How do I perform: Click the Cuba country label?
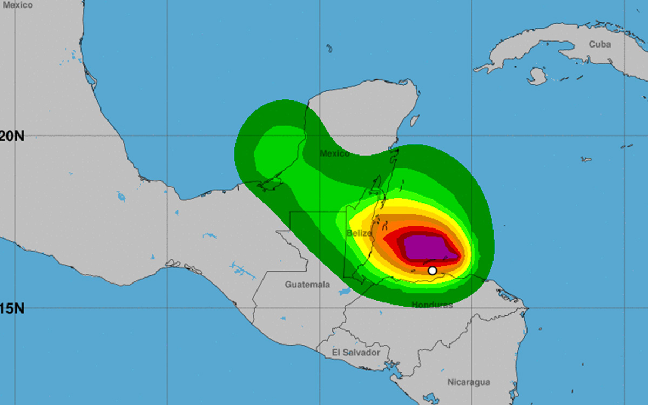pyautogui.click(x=599, y=44)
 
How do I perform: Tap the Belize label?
pyautogui.click(x=359, y=233)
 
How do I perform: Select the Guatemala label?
pyautogui.click(x=307, y=284)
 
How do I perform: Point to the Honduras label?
pyautogui.click(x=432, y=305)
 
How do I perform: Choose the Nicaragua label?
pyautogui.click(x=469, y=382)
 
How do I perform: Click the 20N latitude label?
pyautogui.click(x=12, y=136)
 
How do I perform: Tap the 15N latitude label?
pyautogui.click(x=12, y=309)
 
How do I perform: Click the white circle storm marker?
pyautogui.click(x=432, y=271)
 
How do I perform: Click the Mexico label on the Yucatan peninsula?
pyautogui.click(x=335, y=153)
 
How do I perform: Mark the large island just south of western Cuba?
pyautogui.click(x=537, y=76)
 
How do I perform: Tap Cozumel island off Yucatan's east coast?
pyautogui.click(x=414, y=120)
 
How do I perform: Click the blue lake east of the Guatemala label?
pyautogui.click(x=344, y=293)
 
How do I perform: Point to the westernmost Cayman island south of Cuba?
pyautogui.click(x=586, y=159)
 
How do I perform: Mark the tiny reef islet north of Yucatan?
pyautogui.click(x=329, y=49)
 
